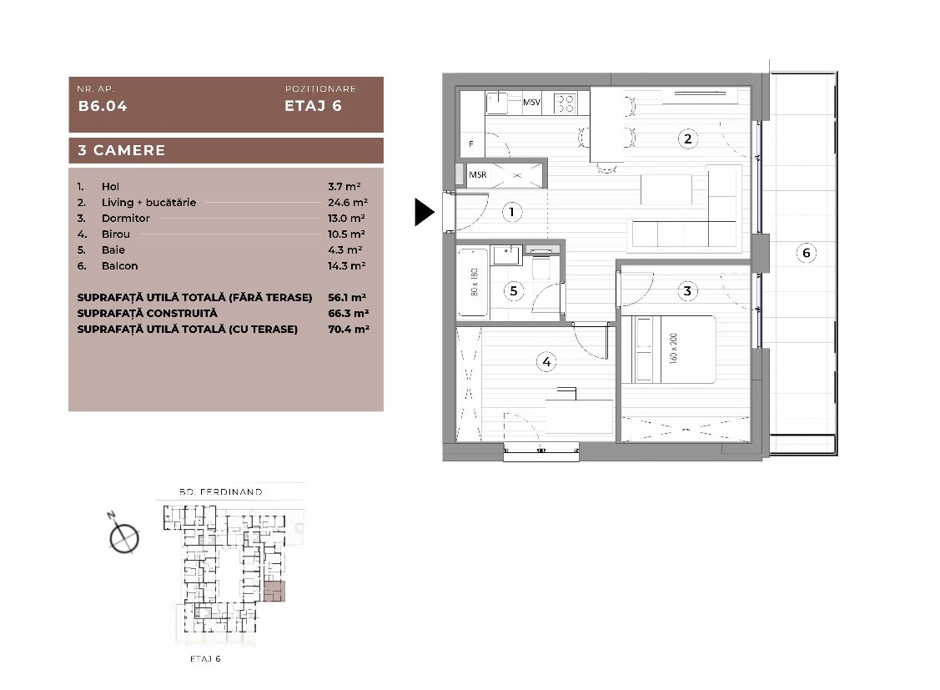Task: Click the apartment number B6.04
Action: pos(103,106)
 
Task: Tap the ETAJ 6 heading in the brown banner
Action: pos(313,106)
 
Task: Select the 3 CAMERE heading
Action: pos(121,150)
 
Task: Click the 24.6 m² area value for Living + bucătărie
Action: pos(348,203)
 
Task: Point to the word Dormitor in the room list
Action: pos(125,219)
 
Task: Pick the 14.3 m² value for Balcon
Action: pos(346,265)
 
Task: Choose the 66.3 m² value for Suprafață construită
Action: pos(349,313)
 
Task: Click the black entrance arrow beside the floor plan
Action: pos(425,212)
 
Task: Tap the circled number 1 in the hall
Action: pos(511,212)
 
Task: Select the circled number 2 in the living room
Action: pos(687,139)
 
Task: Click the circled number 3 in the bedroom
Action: pos(687,291)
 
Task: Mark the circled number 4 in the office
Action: pos(546,361)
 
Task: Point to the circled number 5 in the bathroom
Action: pos(513,291)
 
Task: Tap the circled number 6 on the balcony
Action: pos(807,253)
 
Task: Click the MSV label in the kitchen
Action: pos(532,103)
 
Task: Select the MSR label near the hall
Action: pos(478,175)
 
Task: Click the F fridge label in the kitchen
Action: pos(471,144)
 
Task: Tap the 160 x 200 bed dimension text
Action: pos(673,348)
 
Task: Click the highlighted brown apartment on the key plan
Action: pos(274,591)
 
